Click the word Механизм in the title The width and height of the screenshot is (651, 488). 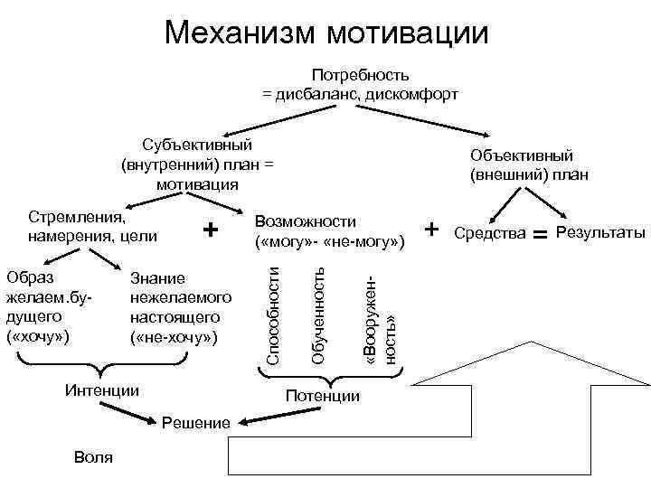(x=240, y=33)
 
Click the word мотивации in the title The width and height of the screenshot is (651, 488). (x=409, y=33)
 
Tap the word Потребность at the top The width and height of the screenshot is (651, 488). (x=361, y=75)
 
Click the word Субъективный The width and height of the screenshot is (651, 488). (x=197, y=145)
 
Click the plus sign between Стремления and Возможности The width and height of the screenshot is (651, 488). (x=210, y=230)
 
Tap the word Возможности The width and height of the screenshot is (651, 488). (x=307, y=222)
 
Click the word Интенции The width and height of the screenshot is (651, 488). (x=103, y=391)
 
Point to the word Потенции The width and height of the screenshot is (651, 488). (x=322, y=396)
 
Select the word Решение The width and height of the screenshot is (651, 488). (x=196, y=423)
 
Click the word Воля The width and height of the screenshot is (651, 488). (x=95, y=457)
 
